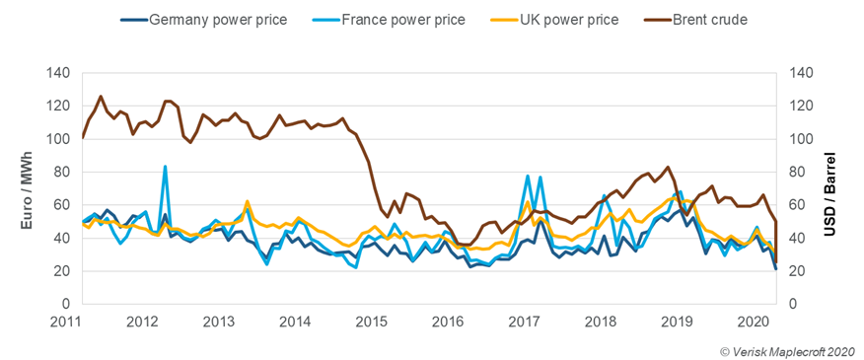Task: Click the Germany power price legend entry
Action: tap(212, 20)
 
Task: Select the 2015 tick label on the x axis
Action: tap(371, 321)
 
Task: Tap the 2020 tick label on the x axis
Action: tap(754, 321)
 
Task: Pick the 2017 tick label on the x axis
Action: tap(524, 321)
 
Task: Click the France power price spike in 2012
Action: tap(165, 167)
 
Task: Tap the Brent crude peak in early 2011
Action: tap(101, 97)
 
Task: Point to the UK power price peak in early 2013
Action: tap(248, 201)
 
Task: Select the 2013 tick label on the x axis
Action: tap(218, 321)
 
